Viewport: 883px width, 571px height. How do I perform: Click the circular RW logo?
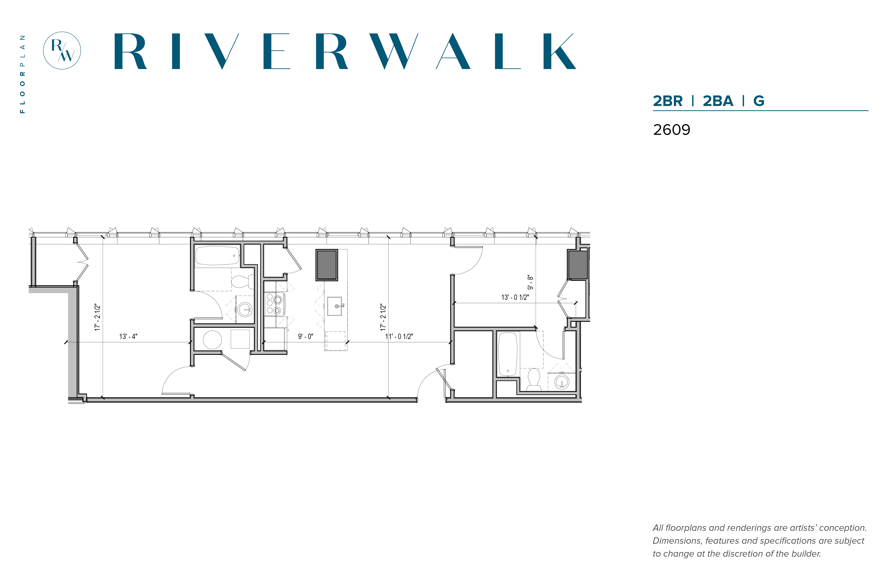(x=62, y=50)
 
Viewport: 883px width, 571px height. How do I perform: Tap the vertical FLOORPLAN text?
(x=23, y=74)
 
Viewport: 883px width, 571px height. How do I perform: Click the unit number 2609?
(x=671, y=130)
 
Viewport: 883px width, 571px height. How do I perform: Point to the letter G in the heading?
(x=759, y=101)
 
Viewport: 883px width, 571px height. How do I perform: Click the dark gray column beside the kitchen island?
(x=327, y=265)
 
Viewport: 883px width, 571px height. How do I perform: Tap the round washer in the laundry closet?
(x=212, y=340)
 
